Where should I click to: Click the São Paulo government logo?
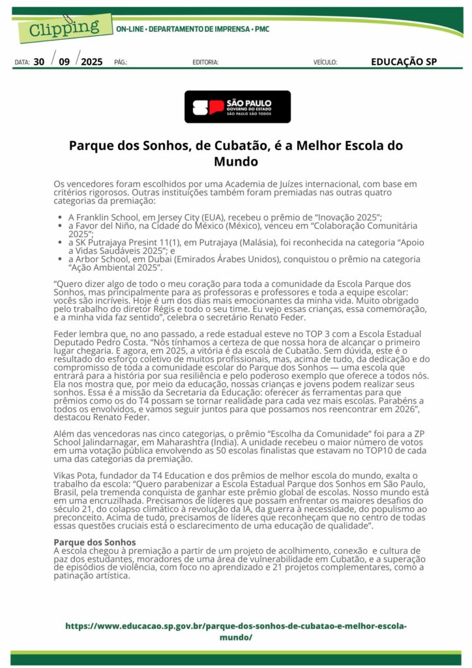coord(237,107)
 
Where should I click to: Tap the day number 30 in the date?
coord(39,62)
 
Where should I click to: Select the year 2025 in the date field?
coord(92,62)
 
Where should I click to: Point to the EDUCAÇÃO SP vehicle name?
coord(404,62)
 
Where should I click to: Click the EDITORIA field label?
coord(205,63)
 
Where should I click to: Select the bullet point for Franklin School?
coord(60,217)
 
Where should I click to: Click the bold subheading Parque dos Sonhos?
coord(95,542)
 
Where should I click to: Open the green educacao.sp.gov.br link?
coord(236,631)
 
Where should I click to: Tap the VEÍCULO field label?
coord(325,63)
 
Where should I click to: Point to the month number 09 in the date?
coord(64,62)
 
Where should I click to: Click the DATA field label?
coord(22,63)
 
